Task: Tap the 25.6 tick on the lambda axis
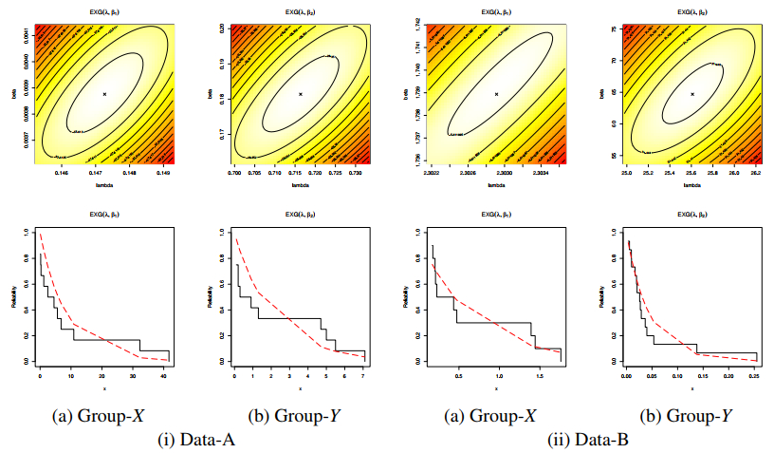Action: [691, 173]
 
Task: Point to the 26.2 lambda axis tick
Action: [755, 173]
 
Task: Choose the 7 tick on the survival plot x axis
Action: [362, 377]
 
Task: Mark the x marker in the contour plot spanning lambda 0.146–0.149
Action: [104, 93]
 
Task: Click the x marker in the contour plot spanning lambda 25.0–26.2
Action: [692, 93]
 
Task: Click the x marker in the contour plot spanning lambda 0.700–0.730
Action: [301, 93]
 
